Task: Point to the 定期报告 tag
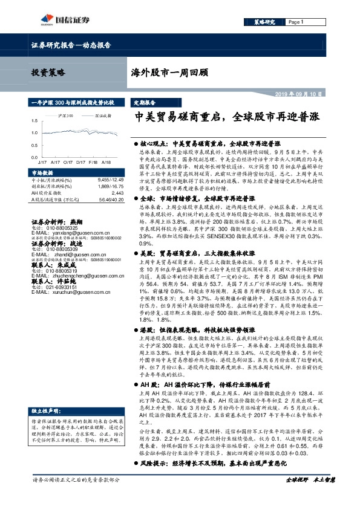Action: click(x=144, y=103)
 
